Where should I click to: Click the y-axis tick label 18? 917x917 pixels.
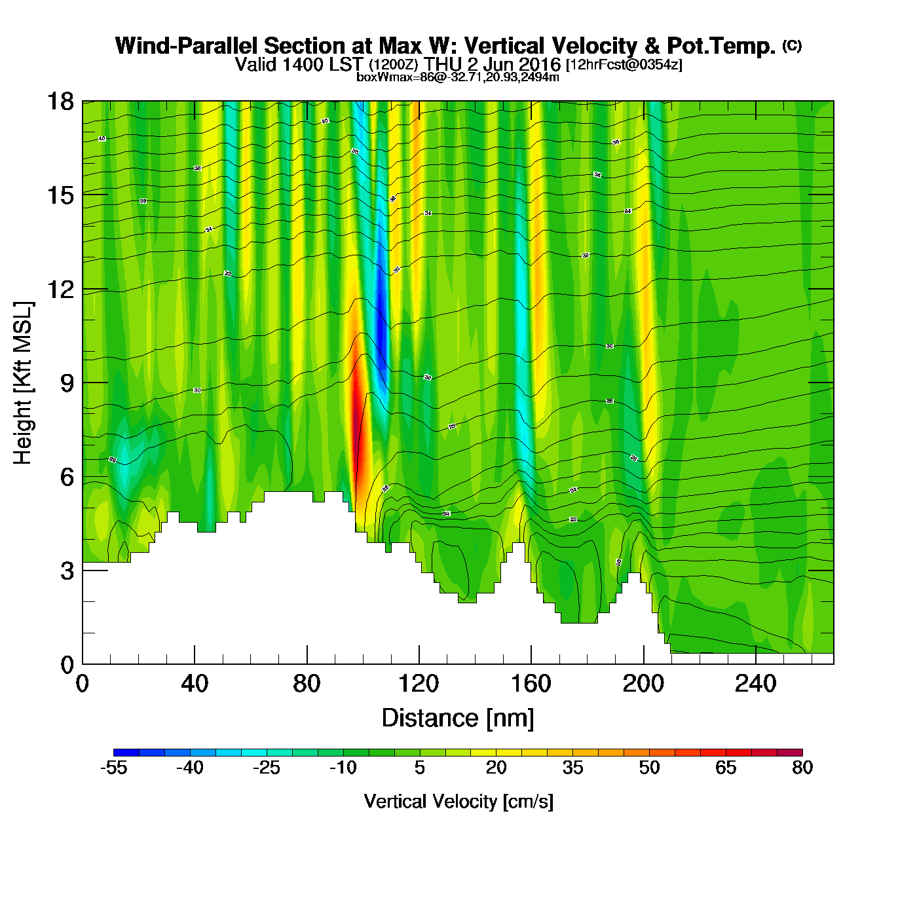coord(60,102)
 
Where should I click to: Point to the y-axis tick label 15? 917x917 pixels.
coord(60,195)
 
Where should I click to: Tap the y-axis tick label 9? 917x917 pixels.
coord(67,383)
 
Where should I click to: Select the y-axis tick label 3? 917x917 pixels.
coord(67,571)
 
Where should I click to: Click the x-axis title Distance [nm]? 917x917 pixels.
coord(458,719)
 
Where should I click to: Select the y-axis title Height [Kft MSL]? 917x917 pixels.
coord(24,383)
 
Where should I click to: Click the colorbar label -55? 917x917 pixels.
coord(113,768)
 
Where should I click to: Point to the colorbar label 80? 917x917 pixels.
coord(802,768)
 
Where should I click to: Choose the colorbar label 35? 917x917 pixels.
coord(572,768)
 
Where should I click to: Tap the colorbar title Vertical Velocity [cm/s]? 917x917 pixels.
coord(458,802)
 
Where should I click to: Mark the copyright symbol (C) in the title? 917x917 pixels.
coord(792,45)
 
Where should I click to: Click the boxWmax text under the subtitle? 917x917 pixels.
coord(458,77)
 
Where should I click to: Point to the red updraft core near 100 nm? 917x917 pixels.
coord(357,419)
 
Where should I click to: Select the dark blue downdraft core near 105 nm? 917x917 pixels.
coord(379,321)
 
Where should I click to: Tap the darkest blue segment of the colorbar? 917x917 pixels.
coord(126,753)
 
